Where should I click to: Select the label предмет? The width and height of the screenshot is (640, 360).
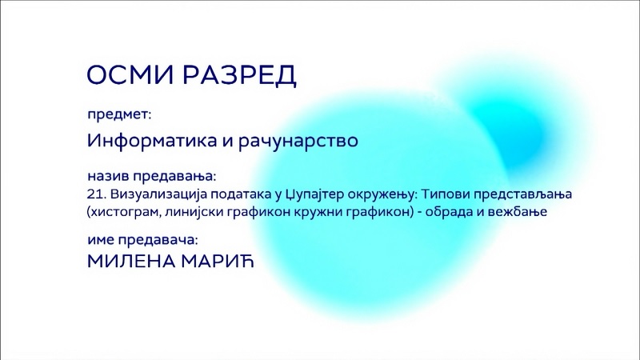pos(119,114)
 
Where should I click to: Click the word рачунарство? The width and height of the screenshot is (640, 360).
pos(298,141)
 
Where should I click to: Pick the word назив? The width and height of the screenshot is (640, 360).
pos(108,176)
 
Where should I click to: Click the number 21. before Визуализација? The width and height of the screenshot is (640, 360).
pos(97,194)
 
